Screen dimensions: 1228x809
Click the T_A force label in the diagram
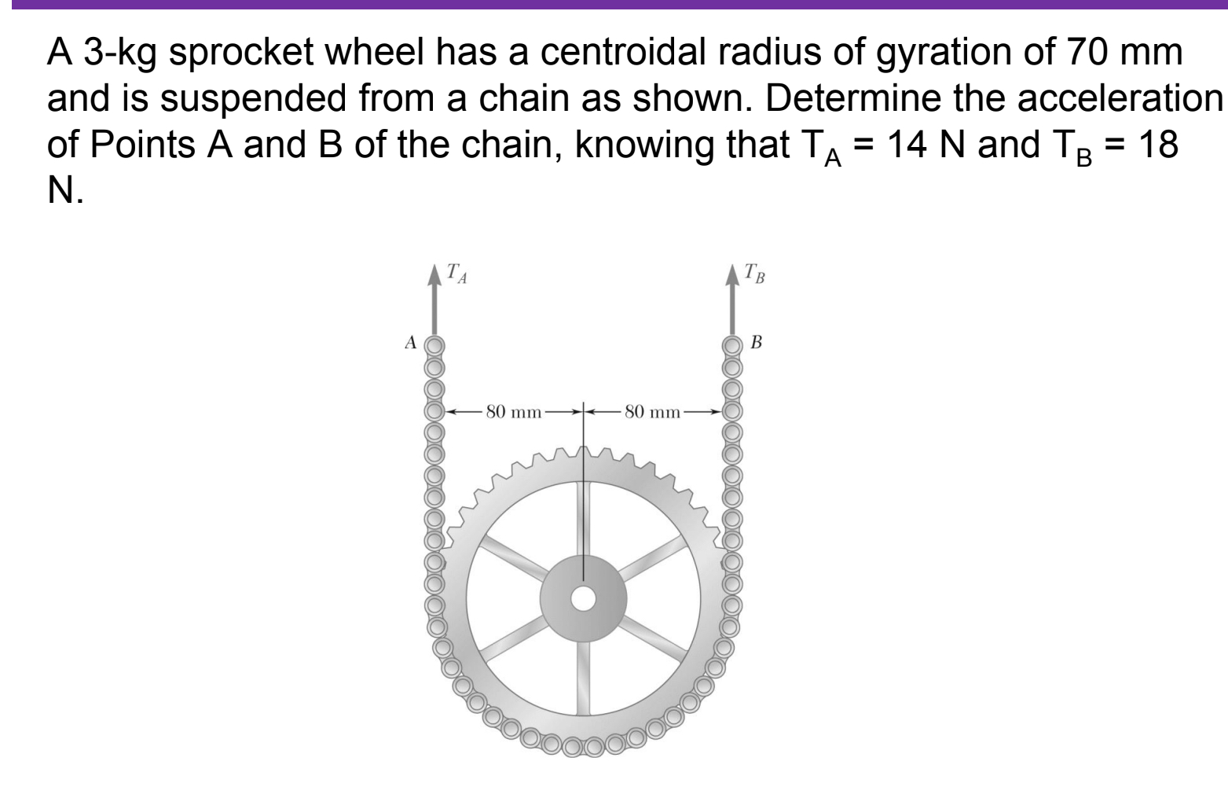click(x=456, y=275)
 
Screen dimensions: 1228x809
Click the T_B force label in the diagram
click(x=756, y=275)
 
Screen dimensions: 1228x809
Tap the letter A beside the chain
click(x=409, y=343)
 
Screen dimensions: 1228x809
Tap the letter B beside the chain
click(x=756, y=343)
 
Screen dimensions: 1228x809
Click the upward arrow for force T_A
click(x=434, y=303)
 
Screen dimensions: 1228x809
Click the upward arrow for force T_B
click(x=733, y=303)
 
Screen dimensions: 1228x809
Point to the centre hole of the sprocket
click(x=583, y=599)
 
